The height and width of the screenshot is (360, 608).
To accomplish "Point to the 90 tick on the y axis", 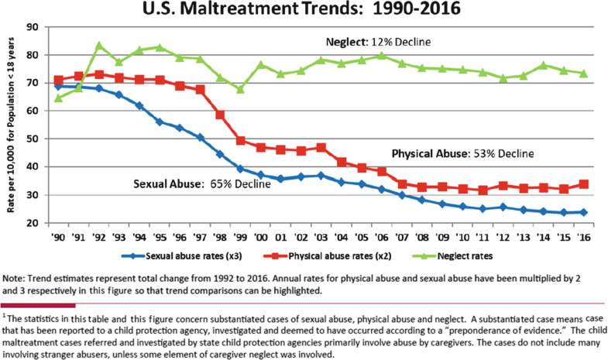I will click(33, 27).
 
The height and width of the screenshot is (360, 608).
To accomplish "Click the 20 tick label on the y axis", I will click(33, 223).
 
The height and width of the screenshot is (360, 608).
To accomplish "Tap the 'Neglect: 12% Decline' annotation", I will click(376, 41).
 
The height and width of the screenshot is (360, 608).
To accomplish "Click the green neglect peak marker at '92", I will click(98, 45).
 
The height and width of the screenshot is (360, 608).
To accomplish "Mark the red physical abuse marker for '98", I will click(219, 115).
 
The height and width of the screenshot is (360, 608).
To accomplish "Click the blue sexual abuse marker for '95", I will click(159, 122).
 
